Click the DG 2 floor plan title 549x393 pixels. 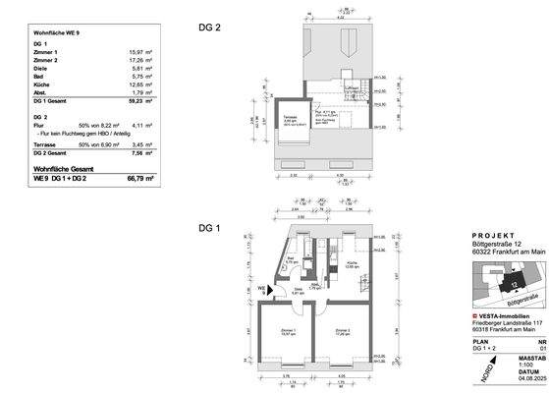tap(209, 28)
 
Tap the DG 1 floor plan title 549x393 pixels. tap(209, 227)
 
